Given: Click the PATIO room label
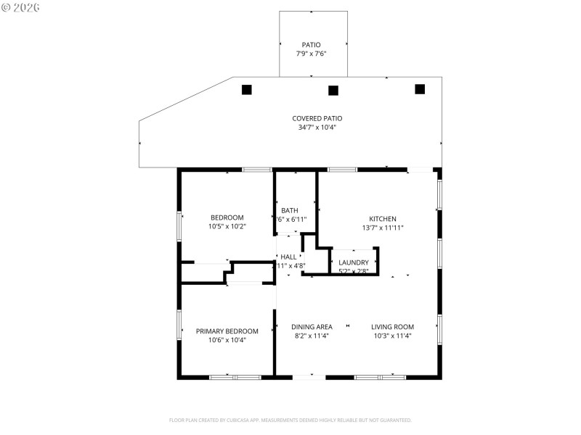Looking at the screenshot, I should pyautogui.click(x=311, y=45).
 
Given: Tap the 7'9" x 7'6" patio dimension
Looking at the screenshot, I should pyautogui.click(x=311, y=54).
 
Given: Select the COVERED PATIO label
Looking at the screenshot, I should pyautogui.click(x=317, y=118).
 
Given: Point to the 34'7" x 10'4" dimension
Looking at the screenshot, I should pyautogui.click(x=317, y=128).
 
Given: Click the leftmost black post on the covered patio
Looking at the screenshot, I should pyautogui.click(x=247, y=90).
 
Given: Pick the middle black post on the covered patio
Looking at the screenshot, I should pyautogui.click(x=333, y=91).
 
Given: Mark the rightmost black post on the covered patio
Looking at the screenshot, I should pyautogui.click(x=419, y=89).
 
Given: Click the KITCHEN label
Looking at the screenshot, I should pyautogui.click(x=383, y=218).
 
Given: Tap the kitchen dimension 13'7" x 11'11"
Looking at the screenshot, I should pyautogui.click(x=383, y=228).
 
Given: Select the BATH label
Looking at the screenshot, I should pyautogui.click(x=290, y=210).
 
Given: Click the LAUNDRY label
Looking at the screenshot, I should pyautogui.click(x=354, y=262).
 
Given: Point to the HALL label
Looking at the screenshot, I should pyautogui.click(x=289, y=257).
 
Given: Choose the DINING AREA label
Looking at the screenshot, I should pyautogui.click(x=312, y=327).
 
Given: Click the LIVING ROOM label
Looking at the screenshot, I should pyautogui.click(x=392, y=327).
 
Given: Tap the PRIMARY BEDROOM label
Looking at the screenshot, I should pyautogui.click(x=227, y=331).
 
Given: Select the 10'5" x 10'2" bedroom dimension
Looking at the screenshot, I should pyautogui.click(x=227, y=226).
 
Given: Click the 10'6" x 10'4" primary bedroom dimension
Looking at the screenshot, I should pyautogui.click(x=227, y=340).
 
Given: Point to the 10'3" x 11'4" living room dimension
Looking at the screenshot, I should pyautogui.click(x=392, y=336).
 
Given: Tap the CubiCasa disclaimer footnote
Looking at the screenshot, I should pyautogui.click(x=290, y=420).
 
